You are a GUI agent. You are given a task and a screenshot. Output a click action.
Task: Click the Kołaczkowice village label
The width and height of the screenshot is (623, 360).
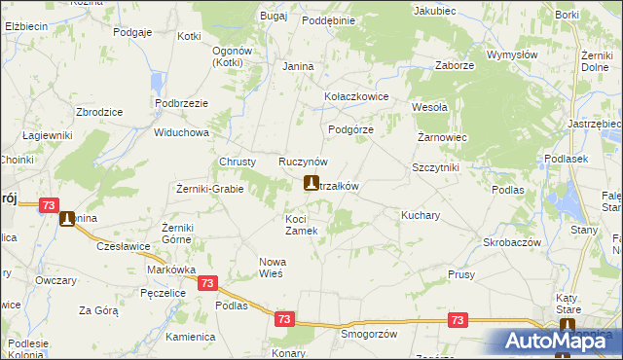tap(356, 97)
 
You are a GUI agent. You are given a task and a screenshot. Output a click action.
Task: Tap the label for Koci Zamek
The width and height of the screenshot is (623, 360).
tap(301, 225)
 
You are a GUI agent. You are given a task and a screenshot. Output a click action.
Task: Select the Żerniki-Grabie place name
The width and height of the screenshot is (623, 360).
tap(209, 188)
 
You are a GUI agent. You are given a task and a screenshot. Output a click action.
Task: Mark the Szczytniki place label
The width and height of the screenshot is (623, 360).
tap(435, 167)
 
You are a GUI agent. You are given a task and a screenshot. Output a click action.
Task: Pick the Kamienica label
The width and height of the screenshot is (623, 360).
tap(190, 337)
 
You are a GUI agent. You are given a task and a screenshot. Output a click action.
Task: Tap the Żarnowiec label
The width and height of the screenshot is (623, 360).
tap(443, 137)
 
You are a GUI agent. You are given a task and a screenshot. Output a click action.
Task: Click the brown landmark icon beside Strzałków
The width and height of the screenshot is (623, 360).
tap(311, 183)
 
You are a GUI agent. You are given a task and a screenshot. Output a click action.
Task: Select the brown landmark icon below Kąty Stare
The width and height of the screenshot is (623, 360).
tap(568, 328)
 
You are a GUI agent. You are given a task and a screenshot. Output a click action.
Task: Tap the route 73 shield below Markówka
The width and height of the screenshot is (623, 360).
tap(206, 282)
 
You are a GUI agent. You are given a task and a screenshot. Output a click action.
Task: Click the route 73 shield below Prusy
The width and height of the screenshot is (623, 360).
tap(458, 319)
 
